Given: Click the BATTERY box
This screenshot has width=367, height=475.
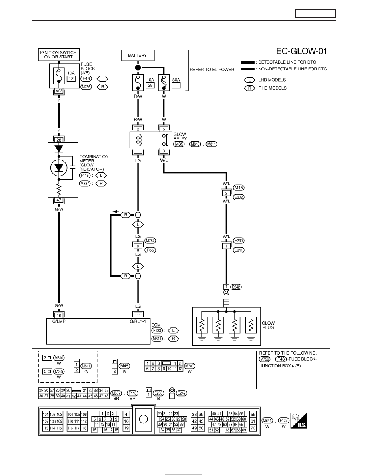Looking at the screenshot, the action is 138,56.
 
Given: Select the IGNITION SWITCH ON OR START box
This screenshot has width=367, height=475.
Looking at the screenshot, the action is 58,55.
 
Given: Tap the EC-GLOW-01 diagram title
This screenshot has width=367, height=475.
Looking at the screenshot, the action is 301,51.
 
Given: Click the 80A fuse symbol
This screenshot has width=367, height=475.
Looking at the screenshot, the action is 164,82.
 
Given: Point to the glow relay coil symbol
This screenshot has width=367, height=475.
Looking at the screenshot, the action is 138,140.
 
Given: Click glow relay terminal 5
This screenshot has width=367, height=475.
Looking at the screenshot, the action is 164,129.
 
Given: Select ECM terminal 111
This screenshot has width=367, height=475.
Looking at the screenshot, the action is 138,315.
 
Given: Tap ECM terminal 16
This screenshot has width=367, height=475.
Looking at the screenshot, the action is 59,315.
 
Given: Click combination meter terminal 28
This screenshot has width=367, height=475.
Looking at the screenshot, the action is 59,140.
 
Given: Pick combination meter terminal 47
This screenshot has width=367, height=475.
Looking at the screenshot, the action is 59,200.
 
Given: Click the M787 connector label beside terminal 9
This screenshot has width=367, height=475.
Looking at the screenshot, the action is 150,241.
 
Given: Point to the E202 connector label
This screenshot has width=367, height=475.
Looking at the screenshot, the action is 239,197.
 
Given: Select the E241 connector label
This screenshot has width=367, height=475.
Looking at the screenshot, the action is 239,250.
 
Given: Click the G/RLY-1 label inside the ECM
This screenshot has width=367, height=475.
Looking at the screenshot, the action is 138,321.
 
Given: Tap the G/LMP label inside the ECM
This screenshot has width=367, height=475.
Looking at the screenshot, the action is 59,321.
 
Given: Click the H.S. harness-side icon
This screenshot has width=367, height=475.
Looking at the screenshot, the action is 299,421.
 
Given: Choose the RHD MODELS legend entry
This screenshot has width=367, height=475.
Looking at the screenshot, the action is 265,88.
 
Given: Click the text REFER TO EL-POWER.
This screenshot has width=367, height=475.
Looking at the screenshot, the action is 213,70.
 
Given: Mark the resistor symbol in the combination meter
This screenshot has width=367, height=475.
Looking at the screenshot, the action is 59,190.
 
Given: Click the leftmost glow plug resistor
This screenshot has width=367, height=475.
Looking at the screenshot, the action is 202,325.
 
